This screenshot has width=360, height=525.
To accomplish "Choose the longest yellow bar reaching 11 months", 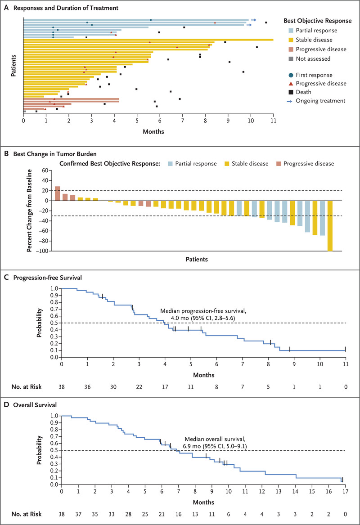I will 148,40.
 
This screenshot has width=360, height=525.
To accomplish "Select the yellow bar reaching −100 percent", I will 330,226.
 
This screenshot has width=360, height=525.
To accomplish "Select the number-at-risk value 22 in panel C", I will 139,387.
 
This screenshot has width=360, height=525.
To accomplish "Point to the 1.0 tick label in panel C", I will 53,288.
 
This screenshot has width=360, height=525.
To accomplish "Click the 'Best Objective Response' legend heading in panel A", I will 318,21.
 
